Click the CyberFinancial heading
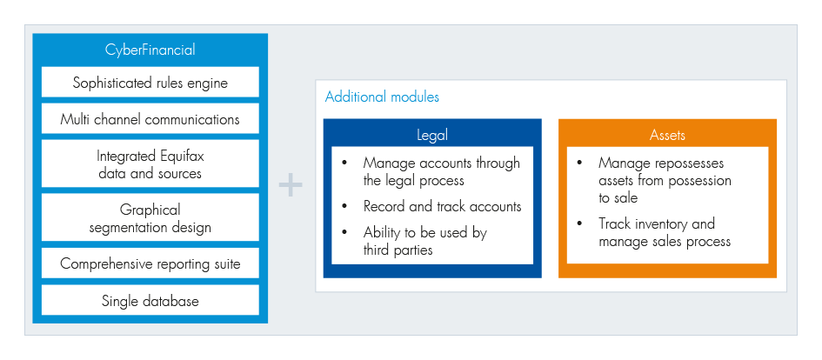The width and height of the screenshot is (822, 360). coord(150,50)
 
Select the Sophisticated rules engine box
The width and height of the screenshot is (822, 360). coord(150,83)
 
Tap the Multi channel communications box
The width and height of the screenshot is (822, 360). coord(150,119)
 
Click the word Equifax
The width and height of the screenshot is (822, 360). coord(180,157)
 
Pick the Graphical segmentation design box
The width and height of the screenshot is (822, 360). coord(150,218)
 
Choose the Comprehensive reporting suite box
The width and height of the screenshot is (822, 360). coord(150,263)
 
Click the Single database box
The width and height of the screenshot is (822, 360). coord(150,300)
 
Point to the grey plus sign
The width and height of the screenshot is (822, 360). coord(291,186)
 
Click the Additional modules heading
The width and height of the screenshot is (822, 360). coord(382,97)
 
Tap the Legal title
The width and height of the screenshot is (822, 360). coord(432,135)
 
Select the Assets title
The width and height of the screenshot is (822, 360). coord(667,135)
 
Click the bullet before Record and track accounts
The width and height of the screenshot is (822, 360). coord(344,206)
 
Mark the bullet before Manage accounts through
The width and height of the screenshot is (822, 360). coord(344,163)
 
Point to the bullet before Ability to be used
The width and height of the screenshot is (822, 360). coord(344,232)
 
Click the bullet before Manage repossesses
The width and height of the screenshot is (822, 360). coord(579,163)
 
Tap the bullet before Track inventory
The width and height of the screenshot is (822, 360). coord(579,223)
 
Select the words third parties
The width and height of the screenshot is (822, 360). coord(398,250)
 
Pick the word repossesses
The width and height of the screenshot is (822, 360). coord(690,163)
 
